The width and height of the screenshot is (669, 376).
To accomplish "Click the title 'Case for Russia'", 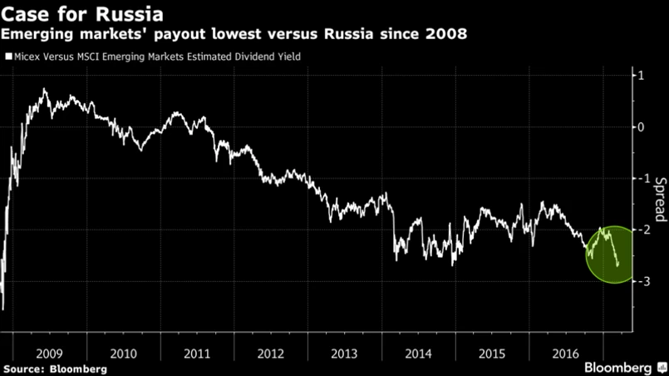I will (81, 14).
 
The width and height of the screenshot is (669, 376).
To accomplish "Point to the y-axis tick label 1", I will (639, 76).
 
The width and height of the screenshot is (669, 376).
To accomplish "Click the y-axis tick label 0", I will (639, 127).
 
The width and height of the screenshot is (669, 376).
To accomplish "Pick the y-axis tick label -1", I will (637, 179).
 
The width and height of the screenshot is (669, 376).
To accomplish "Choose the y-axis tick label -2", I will (637, 230).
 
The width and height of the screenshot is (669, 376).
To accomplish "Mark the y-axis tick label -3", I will (637, 282).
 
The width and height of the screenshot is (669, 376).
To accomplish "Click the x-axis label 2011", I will (197, 352).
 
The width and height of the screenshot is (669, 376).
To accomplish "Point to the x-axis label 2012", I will (272, 352).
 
